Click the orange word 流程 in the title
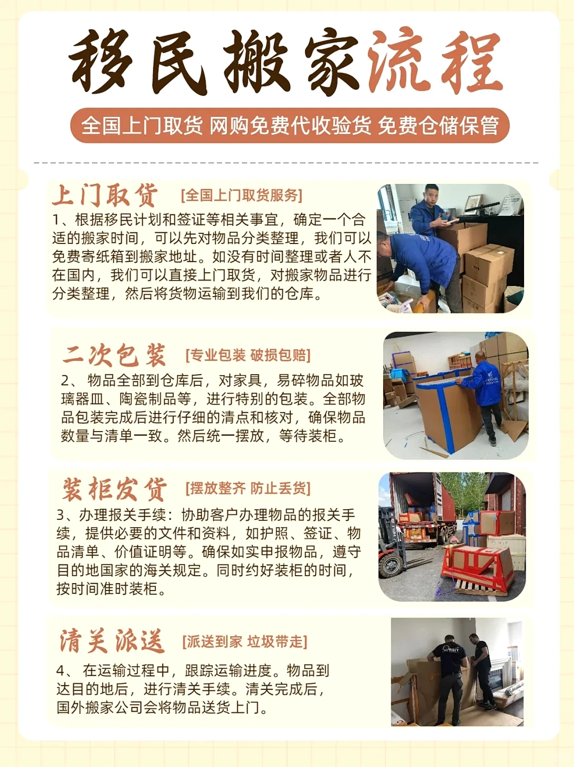[435, 61]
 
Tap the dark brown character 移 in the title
[100, 61]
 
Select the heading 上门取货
[105, 195]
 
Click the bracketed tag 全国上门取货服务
[241, 196]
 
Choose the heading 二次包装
[114, 355]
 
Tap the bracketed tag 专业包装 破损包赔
[248, 355]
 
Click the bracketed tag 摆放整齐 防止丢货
[248, 488]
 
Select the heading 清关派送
[112, 641]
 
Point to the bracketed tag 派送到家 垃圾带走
[244, 642]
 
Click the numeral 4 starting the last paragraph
[61, 671]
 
